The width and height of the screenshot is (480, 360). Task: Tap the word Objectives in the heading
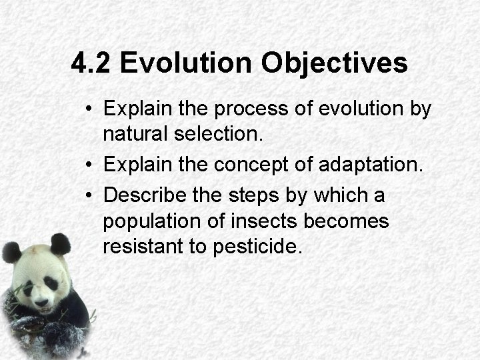pyautogui.click(x=334, y=64)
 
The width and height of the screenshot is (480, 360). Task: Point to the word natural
pyautogui.click(x=135, y=135)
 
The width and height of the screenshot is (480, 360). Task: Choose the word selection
pyautogui.click(x=219, y=135)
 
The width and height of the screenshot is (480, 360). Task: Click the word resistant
pyautogui.click(x=143, y=246)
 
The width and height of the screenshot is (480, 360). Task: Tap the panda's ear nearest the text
pyautogui.click(x=60, y=243)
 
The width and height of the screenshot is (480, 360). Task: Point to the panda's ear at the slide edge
pyautogui.click(x=11, y=252)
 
